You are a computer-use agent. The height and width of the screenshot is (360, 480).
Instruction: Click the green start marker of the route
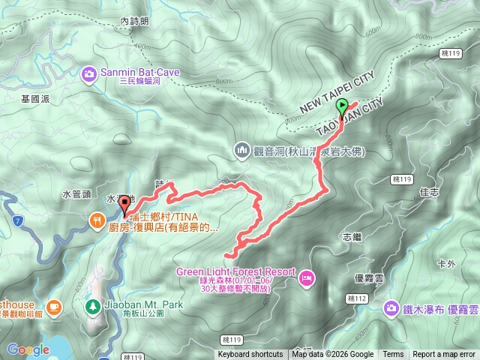click(342, 106)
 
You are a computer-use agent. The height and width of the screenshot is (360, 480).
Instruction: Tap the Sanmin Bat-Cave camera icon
click(88, 73)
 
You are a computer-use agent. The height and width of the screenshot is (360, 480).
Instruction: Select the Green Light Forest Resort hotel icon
click(306, 279)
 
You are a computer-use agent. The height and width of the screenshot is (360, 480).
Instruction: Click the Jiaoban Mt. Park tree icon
click(92, 307)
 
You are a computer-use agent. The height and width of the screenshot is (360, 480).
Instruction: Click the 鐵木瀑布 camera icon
click(391, 308)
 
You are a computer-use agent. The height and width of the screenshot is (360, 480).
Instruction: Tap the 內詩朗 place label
click(134, 23)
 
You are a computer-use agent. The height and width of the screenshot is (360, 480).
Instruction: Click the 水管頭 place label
click(76, 194)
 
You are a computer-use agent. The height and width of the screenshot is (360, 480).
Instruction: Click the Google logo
click(28, 349)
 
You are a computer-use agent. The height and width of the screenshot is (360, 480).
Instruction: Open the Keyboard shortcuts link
click(250, 355)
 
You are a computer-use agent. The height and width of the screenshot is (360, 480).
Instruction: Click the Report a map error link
click(445, 355)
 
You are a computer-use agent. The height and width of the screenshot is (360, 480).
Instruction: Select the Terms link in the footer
click(393, 355)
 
